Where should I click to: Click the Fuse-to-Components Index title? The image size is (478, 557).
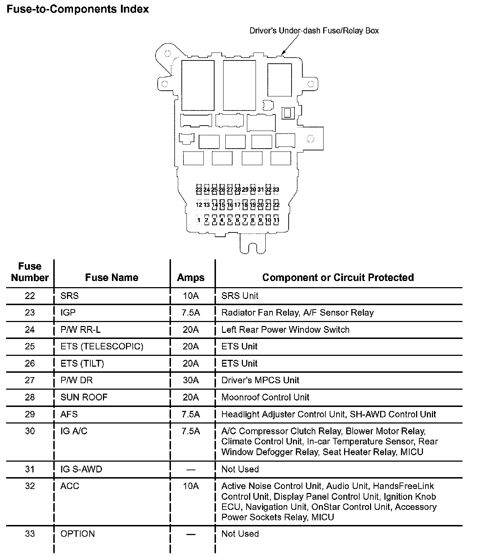coord(78,9)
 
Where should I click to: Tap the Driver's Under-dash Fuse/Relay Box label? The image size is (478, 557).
coord(314,31)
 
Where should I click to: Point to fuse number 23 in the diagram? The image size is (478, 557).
coord(199,189)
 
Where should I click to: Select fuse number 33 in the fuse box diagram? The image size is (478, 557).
coord(276,189)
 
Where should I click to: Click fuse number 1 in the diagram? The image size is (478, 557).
coord(199,220)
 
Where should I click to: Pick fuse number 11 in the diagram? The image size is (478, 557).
coord(276,220)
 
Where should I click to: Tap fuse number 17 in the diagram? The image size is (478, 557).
coord(238,205)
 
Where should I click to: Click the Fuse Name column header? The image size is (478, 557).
coord(112,277)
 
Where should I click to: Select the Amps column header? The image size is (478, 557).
coord(191,277)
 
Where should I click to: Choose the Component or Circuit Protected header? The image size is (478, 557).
coord(338,277)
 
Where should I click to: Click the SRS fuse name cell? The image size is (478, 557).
coord(69,296)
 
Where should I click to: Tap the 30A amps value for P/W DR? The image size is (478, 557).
coord(191,380)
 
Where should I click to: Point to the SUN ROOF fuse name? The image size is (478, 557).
coord(84,397)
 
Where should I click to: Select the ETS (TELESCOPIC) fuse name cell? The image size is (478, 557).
coord(102,347)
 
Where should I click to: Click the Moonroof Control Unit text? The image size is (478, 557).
coord(265,397)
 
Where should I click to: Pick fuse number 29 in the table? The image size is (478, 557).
coord(30,414)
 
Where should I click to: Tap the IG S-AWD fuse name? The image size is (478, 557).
coord(81,469)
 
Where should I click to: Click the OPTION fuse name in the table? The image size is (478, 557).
coord(78,534)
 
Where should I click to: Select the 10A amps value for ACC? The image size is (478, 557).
coord(191,486)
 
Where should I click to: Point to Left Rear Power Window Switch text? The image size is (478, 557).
coord(285,330)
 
